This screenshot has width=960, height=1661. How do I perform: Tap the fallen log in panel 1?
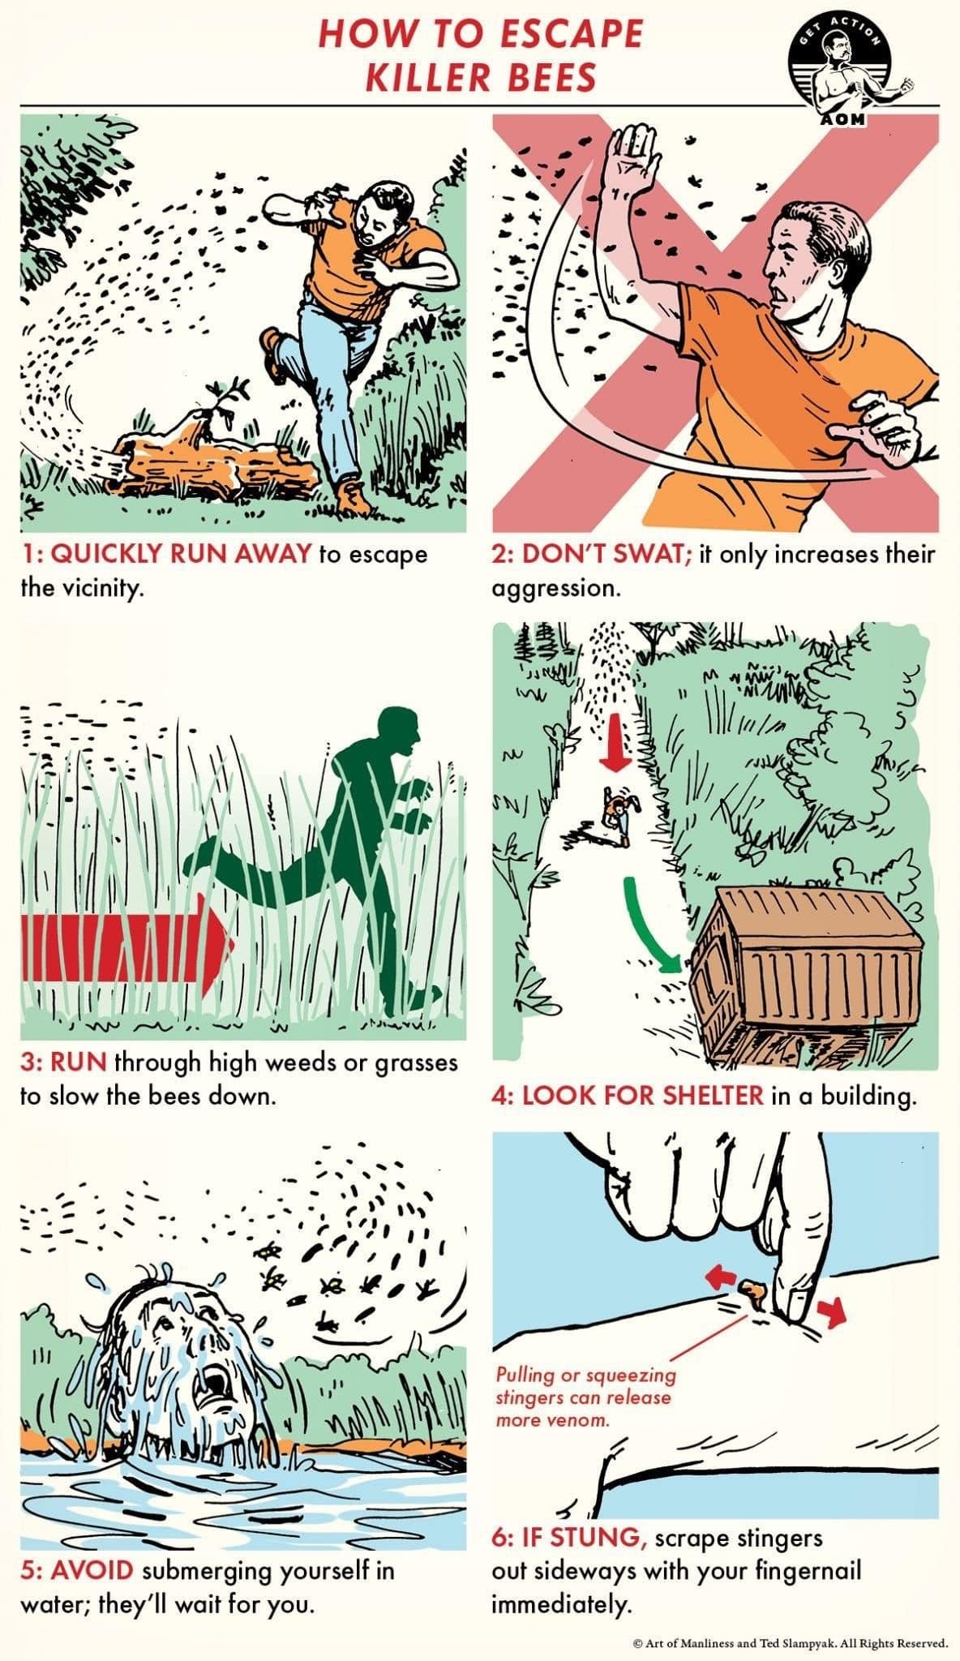[x=212, y=465]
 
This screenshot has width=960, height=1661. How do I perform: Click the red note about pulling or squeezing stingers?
[x=585, y=1397]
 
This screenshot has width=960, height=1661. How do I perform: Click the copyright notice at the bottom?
[x=790, y=1643]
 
